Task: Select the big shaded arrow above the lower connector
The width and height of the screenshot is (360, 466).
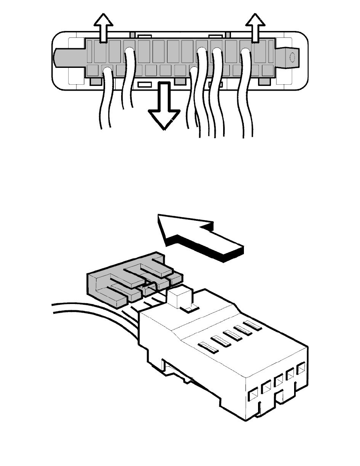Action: [x=200, y=239]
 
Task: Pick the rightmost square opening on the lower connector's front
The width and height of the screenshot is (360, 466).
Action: [x=301, y=370]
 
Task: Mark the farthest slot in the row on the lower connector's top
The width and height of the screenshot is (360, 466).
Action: [x=252, y=325]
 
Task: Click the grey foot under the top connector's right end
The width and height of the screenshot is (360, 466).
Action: [x=265, y=81]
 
